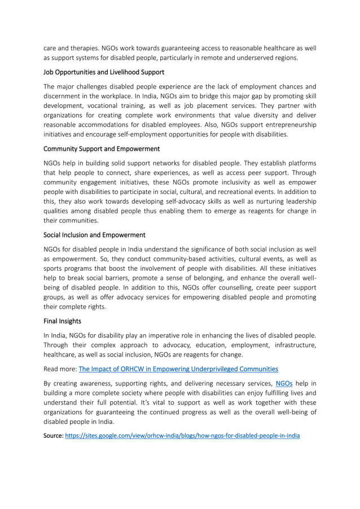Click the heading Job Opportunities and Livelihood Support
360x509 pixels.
(104, 72)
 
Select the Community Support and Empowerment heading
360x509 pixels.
(102, 148)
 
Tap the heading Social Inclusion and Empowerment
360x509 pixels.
(94, 234)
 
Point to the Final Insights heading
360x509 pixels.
(62, 321)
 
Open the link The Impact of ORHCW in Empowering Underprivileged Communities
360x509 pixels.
(178, 369)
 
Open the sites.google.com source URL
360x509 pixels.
(182, 436)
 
